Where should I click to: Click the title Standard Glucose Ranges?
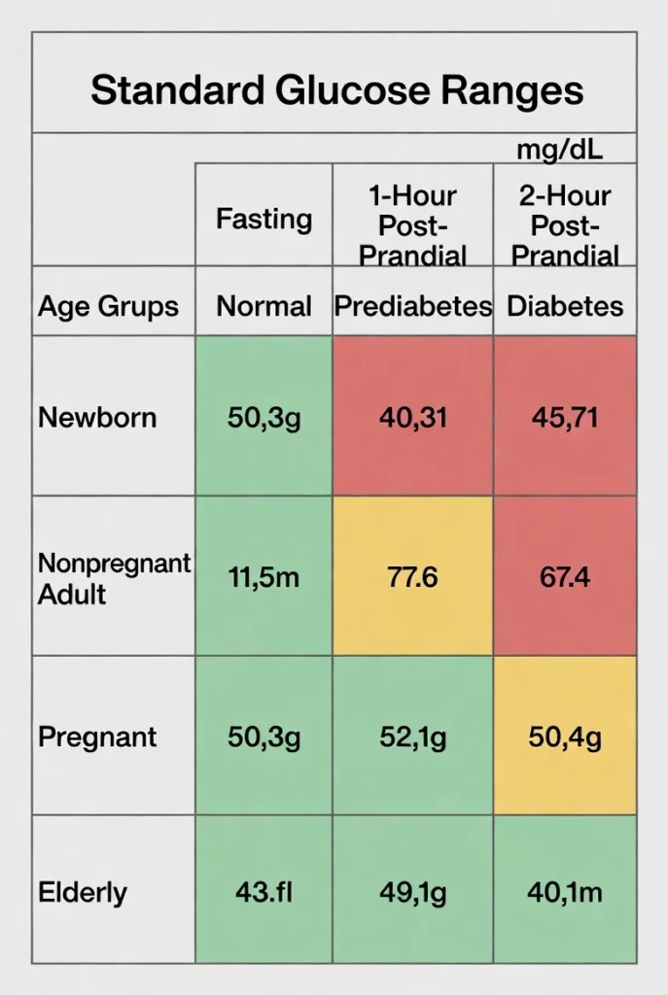[x=336, y=90]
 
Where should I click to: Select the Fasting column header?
[x=264, y=219]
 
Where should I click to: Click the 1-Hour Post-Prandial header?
[x=413, y=225]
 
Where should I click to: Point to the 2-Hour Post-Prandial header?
[x=565, y=225]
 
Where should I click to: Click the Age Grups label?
[x=108, y=307]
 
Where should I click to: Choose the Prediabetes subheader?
[x=413, y=307]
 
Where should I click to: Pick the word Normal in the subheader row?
[x=264, y=307]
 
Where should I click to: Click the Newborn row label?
[x=97, y=418]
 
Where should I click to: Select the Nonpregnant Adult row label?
[x=114, y=578]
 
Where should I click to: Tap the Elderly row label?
[x=83, y=893]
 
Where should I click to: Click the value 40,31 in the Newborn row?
[x=413, y=418]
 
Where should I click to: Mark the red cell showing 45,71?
[x=565, y=418]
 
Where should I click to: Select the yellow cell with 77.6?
[x=413, y=578]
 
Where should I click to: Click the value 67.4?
[x=565, y=578]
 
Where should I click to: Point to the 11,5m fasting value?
[x=264, y=578]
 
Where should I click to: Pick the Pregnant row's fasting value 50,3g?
[x=264, y=738]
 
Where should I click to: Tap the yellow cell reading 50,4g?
[x=565, y=738]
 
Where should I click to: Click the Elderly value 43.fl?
[x=264, y=893]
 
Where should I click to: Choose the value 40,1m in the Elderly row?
[x=565, y=893]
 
